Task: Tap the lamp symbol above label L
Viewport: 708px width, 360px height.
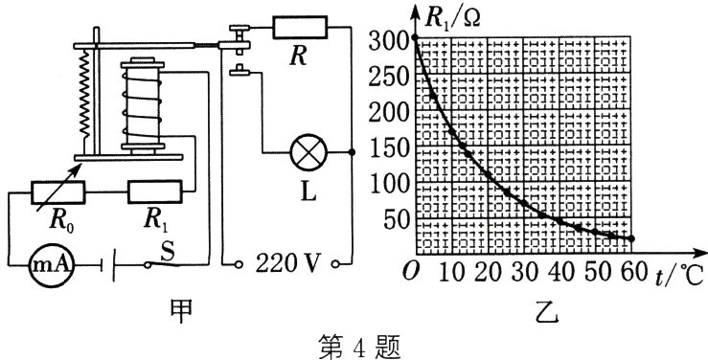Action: click(308, 152)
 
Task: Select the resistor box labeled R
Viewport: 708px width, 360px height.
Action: click(300, 28)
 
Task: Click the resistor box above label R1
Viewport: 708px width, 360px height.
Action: click(155, 191)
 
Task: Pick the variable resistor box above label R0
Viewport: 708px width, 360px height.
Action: click(57, 192)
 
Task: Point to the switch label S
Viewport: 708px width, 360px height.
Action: click(168, 253)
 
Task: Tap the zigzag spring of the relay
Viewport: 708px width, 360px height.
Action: click(85, 94)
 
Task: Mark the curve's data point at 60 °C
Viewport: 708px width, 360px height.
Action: click(631, 238)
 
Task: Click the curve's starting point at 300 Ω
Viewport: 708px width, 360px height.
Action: click(415, 37)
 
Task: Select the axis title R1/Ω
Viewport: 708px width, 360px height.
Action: click(453, 20)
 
